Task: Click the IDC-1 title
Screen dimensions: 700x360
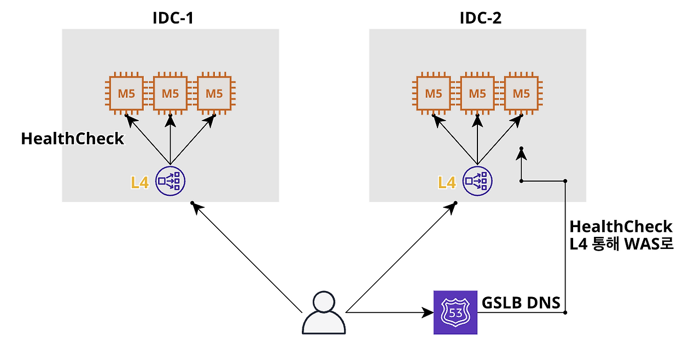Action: tap(173, 18)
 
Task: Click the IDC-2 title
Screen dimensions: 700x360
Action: tap(480, 18)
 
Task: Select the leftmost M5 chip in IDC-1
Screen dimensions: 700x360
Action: tap(126, 93)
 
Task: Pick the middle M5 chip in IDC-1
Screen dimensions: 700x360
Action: tap(170, 93)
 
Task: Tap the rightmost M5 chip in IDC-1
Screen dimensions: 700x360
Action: tap(214, 93)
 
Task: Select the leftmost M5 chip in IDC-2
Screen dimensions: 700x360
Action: tap(434, 93)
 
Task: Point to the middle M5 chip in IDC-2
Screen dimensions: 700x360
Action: tap(477, 93)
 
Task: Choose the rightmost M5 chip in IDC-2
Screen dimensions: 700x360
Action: tap(521, 93)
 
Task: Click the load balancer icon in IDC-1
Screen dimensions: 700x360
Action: tap(170, 181)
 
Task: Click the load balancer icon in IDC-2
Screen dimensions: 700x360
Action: tap(477, 181)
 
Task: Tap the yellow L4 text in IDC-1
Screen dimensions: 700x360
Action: tap(139, 183)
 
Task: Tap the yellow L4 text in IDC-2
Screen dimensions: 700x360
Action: tap(447, 183)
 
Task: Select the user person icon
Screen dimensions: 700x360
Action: tap(324, 312)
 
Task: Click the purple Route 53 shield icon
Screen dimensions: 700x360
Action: tap(456, 312)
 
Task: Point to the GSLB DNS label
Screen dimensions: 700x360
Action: tap(521, 303)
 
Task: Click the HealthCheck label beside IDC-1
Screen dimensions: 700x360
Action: tap(73, 138)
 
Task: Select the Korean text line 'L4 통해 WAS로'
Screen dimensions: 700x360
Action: tap(621, 244)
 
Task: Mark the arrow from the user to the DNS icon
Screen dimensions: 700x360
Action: tap(390, 312)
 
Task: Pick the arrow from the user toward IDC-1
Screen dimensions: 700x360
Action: tap(247, 258)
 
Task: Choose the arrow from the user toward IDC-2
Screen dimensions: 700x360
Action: tap(401, 257)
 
